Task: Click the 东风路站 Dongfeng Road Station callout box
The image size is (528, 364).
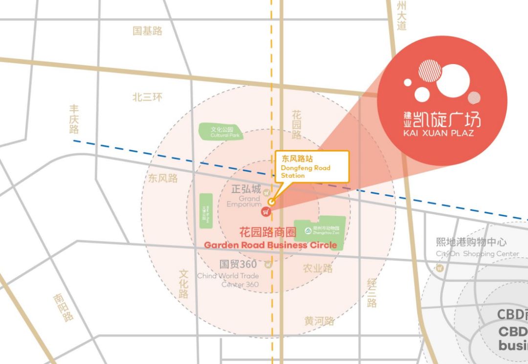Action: point(312,166)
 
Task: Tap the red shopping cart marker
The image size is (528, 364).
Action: point(266,212)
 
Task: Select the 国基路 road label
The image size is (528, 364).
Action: point(147,31)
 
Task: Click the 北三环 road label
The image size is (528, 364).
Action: point(147,97)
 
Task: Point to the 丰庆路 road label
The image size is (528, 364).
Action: point(74,119)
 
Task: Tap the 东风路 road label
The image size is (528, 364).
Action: point(163,178)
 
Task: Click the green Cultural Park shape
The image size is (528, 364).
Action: point(220,131)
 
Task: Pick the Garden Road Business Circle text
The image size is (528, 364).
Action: point(270,245)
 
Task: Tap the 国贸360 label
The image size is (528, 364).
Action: point(238,264)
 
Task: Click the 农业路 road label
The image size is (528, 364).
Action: point(318,268)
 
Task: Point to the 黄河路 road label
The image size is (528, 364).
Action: point(319,321)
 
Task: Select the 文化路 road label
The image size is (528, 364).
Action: point(183,283)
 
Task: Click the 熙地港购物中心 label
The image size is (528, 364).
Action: point(471,242)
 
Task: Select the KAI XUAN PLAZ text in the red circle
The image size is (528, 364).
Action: point(439,133)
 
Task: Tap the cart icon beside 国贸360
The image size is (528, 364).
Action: point(267,265)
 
